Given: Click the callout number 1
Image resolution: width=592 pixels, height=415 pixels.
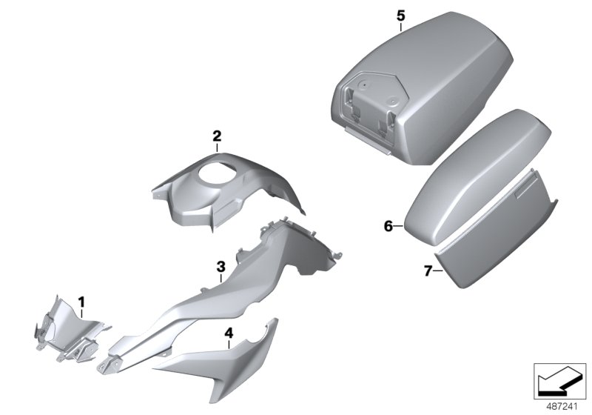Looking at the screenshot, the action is pyautogui.click(x=81, y=302).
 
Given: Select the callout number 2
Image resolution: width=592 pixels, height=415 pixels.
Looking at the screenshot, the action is pyautogui.click(x=217, y=136).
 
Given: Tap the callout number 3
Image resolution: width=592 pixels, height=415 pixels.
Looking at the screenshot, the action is pyautogui.click(x=221, y=267).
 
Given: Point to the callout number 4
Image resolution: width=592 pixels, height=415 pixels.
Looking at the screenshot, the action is pyautogui.click(x=229, y=333).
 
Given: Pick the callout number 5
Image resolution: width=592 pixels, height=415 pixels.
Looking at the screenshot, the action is pyautogui.click(x=400, y=16).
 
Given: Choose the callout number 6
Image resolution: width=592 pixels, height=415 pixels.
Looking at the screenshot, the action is pyautogui.click(x=388, y=227).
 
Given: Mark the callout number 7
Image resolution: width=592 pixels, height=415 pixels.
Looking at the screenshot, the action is pyautogui.click(x=428, y=270).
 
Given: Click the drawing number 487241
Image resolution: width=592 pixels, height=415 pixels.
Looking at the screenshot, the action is pyautogui.click(x=562, y=407).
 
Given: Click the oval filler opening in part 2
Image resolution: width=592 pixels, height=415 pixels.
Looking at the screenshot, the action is pyautogui.click(x=215, y=174).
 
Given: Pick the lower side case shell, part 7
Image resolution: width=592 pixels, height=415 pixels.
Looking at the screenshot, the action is pyautogui.click(x=498, y=238).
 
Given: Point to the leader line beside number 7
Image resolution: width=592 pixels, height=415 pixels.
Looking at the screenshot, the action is pyautogui.click(x=437, y=270).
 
